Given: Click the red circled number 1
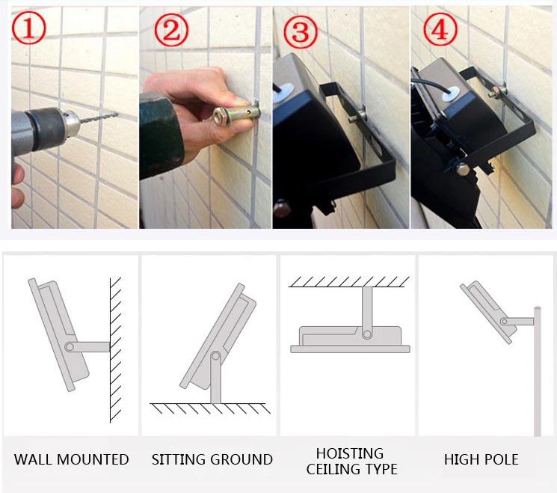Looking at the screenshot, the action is (x=28, y=28).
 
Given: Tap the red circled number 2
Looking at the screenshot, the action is (x=171, y=30).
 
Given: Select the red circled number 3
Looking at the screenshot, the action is (x=301, y=32).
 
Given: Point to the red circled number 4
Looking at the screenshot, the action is (x=440, y=29).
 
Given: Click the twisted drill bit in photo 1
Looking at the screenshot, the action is (x=98, y=117).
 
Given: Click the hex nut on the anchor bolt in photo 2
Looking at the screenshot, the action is (x=220, y=117).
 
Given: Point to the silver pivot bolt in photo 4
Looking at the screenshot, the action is (x=463, y=168).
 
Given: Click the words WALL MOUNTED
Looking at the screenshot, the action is (x=72, y=459).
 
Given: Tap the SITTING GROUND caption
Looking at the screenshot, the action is (x=212, y=459).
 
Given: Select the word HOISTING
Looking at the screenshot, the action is (x=350, y=453).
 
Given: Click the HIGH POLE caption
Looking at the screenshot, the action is (x=481, y=459).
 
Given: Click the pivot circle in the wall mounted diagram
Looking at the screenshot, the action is (x=70, y=346).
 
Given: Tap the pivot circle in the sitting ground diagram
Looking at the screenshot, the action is (x=215, y=356).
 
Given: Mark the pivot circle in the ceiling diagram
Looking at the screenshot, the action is (x=367, y=334).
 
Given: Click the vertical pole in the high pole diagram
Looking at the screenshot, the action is (x=538, y=371).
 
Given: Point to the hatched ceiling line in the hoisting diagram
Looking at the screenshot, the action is (x=349, y=287).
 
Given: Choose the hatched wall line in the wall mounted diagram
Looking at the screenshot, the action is (x=111, y=350).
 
